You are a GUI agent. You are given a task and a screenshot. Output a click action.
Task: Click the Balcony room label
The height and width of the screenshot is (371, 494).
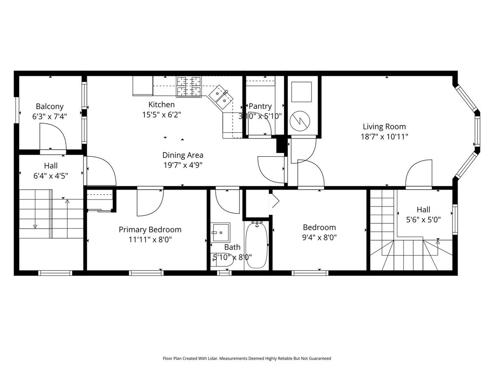point(49,106)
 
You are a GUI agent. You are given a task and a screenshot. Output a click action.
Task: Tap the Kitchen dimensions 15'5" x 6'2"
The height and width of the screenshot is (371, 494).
point(161,115)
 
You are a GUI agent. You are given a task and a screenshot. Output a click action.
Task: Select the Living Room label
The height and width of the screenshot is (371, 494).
point(384,127)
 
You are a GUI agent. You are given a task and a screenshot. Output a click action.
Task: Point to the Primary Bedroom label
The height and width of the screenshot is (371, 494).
point(150,230)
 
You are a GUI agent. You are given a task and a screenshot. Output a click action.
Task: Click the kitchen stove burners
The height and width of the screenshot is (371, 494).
point(189,87)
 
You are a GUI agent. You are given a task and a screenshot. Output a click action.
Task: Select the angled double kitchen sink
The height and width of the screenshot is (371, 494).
point(221,97)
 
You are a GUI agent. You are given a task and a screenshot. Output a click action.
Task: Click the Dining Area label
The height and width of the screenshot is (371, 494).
point(182,155)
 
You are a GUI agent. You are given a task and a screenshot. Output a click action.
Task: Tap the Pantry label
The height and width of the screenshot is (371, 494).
point(260,106)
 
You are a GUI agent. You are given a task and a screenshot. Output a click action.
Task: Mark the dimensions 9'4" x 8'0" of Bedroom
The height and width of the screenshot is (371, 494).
point(319,237)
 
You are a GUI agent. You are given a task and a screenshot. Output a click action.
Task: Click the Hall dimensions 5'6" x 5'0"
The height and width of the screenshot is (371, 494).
point(423,220)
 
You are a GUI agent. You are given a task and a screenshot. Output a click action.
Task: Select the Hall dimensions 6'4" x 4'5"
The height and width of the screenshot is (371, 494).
point(51,176)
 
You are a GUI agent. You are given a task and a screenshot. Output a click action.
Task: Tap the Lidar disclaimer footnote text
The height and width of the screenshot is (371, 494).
point(247,358)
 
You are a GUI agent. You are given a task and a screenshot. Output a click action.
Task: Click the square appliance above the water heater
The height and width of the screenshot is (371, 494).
point(301,92)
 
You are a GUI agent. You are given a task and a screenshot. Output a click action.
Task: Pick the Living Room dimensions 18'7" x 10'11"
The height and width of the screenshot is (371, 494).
point(384,137)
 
